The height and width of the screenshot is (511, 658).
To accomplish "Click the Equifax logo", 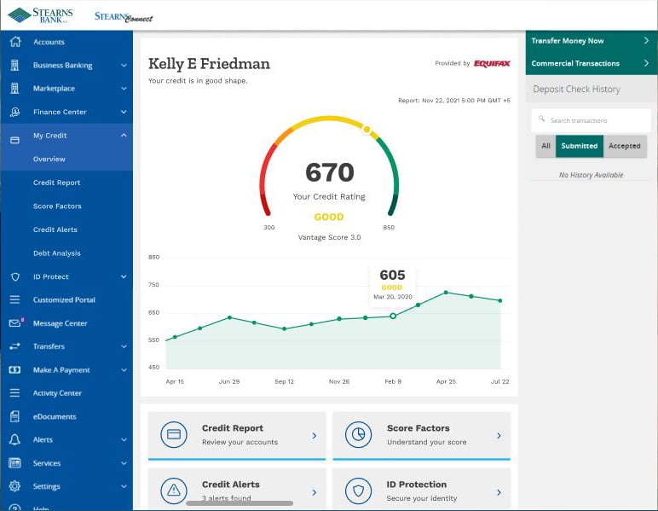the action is tap(492, 63).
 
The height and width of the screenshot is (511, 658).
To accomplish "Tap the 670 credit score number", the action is tap(329, 172).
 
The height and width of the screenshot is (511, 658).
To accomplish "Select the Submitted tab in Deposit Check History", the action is tap(579, 146).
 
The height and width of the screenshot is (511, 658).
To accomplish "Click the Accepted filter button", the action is tap(625, 146).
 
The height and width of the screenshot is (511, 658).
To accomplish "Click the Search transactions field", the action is tap(591, 120).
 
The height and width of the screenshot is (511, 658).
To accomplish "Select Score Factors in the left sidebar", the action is tap(57, 206).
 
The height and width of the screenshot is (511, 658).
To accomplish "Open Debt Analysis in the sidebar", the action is tap(56, 253).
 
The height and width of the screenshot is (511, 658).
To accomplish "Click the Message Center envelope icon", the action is tap(15, 322).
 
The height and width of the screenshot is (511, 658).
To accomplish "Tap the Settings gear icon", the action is tap(14, 486).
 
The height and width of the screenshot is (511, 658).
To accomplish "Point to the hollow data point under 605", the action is tap(393, 316).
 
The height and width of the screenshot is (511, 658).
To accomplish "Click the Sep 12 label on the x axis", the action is tap(284, 381).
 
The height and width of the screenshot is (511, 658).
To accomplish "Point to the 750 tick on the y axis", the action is tap(153, 285).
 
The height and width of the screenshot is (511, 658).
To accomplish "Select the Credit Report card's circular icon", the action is tap(174, 434).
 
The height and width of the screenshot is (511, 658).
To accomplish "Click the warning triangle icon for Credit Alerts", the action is tap(174, 491).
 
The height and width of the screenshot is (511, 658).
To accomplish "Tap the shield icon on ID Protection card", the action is tap(358, 491).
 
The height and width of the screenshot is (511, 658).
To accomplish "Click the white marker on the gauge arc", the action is tap(367, 130).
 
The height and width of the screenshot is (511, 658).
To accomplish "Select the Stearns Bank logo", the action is tap(40, 15).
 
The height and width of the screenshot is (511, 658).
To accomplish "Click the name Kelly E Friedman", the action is tap(209, 64).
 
